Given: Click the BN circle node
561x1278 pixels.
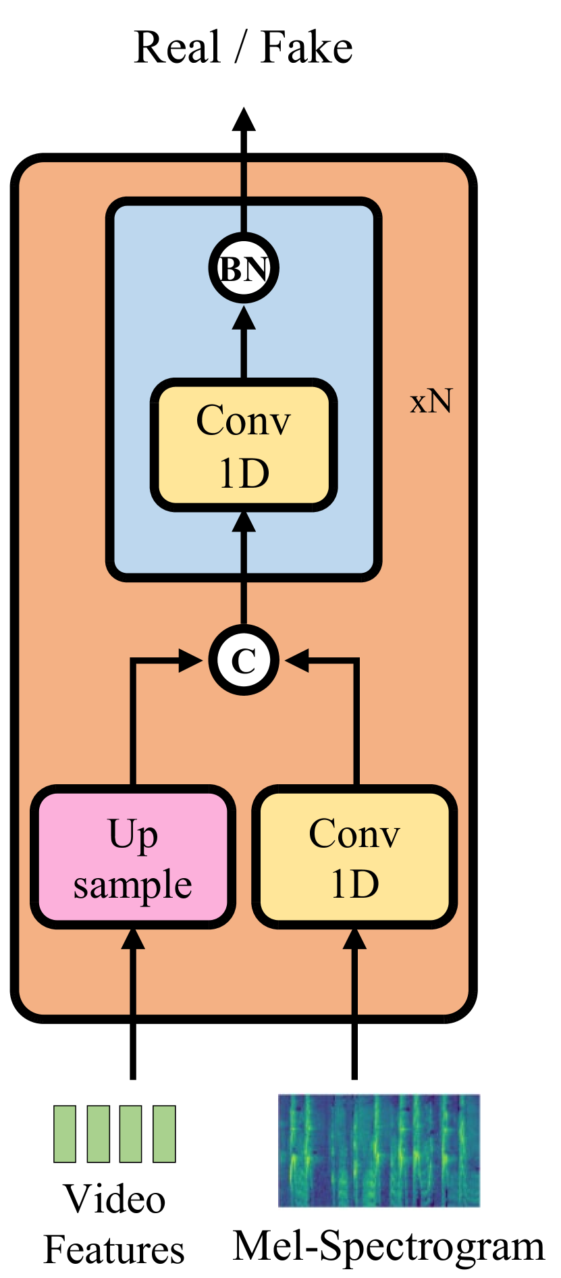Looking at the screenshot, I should point(244,268).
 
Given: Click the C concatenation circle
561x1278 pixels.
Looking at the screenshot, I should point(244,660).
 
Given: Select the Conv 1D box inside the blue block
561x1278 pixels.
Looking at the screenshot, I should point(244,445).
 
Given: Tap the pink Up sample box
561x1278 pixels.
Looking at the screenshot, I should point(133,857).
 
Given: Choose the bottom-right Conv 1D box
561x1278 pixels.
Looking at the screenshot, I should point(354,857).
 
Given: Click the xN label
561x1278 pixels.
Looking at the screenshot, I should point(431,401).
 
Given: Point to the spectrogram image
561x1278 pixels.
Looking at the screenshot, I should point(379,1151).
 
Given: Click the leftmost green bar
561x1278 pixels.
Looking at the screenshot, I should point(65,1134).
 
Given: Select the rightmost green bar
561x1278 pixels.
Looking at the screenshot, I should point(164,1134).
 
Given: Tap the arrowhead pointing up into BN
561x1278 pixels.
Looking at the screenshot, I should point(244,317).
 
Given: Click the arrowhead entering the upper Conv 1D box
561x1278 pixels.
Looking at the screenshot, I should point(244,521).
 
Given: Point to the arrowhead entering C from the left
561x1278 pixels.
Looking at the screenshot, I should point(190,660).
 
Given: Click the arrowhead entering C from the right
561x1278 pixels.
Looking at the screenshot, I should point(297,660).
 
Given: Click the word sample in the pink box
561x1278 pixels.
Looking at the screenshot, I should point(133,885).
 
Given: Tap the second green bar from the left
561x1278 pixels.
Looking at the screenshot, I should point(98,1134).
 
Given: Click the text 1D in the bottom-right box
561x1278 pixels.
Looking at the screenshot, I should point(354,884).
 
